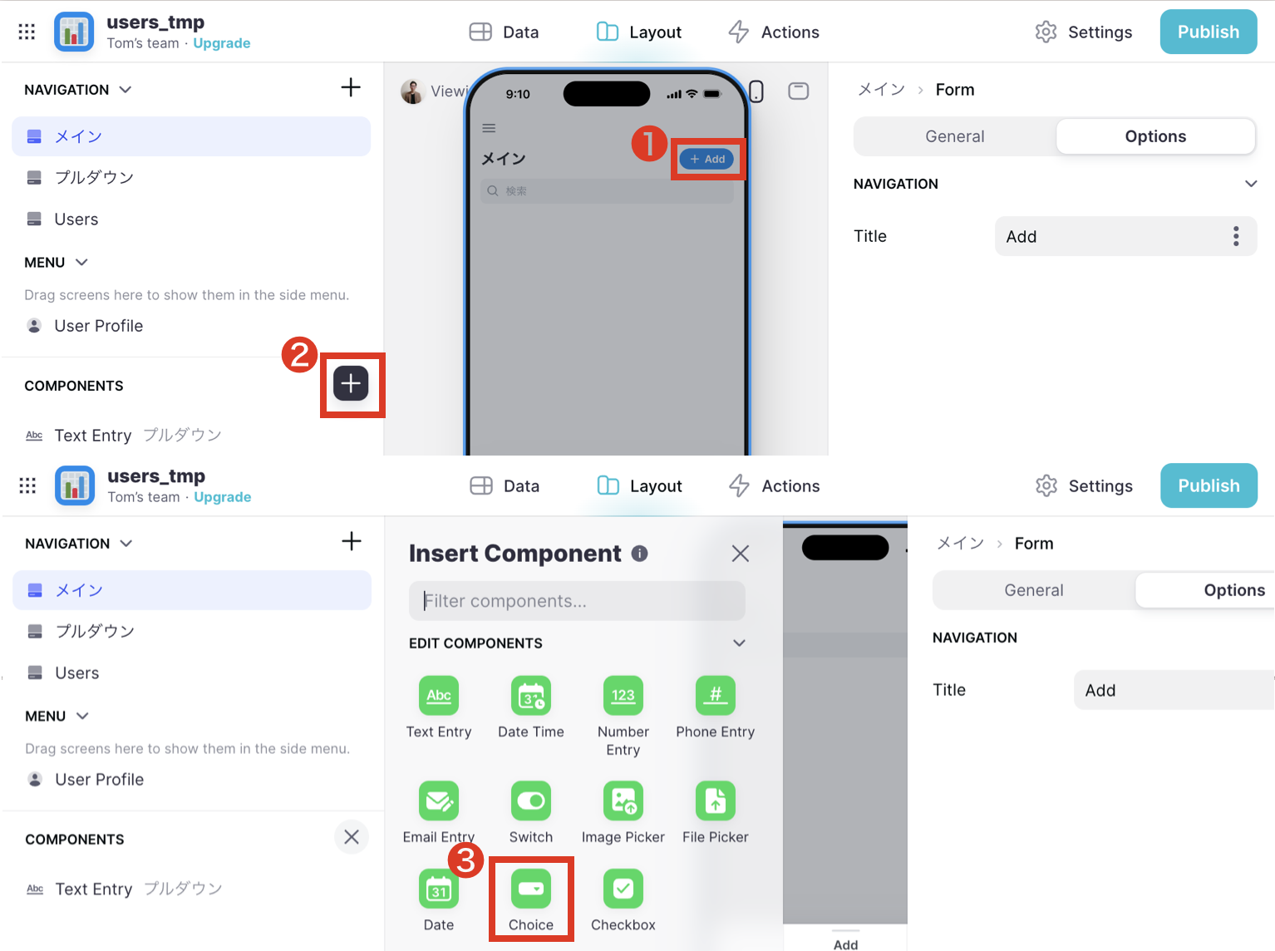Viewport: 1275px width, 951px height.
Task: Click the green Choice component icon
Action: click(530, 889)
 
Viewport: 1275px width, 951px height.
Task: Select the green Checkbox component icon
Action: click(623, 889)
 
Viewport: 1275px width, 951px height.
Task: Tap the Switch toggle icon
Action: click(530, 801)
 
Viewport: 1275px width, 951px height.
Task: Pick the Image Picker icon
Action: click(623, 801)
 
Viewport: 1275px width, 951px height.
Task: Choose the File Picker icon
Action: click(715, 801)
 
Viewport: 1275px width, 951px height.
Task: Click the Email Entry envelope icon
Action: click(439, 801)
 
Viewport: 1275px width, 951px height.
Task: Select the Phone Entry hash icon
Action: click(715, 696)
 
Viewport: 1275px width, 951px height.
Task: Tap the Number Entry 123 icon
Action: click(623, 696)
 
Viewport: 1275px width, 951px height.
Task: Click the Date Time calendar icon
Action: click(530, 696)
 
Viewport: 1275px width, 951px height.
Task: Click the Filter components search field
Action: click(577, 601)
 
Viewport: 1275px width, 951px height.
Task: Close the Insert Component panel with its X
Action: click(740, 554)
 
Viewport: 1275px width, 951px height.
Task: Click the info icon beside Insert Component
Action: click(639, 554)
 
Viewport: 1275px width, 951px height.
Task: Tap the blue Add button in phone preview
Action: click(706, 159)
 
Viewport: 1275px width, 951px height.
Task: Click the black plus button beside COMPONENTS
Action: click(351, 383)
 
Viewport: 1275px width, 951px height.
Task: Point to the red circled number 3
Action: click(465, 860)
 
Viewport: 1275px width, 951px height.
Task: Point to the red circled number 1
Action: click(649, 144)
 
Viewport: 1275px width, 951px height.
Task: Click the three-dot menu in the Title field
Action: click(1236, 236)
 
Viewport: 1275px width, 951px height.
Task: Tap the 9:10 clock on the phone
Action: click(518, 94)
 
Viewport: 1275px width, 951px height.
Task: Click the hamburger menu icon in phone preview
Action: click(489, 128)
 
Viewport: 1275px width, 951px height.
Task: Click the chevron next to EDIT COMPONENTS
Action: click(739, 643)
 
